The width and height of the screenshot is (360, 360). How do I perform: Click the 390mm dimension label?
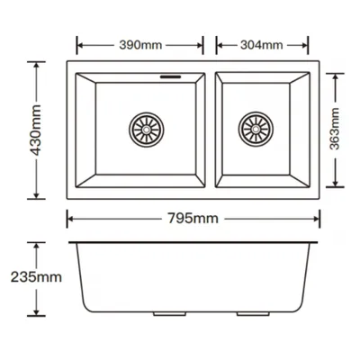click(x=140, y=45)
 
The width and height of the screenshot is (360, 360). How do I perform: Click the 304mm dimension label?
click(x=261, y=45)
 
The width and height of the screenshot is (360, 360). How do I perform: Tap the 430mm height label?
click(x=36, y=130)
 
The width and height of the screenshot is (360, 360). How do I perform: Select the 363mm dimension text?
click(x=334, y=129)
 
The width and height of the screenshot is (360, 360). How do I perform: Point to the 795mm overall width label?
click(x=193, y=219)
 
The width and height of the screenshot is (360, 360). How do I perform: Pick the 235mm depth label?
click(x=36, y=277)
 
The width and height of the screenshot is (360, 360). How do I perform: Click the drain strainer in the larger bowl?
click(x=147, y=130)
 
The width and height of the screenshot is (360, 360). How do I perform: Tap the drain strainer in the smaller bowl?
click(x=256, y=130)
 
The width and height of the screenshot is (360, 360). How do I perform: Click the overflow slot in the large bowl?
click(x=170, y=76)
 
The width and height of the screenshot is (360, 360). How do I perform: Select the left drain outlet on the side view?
click(x=169, y=314)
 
